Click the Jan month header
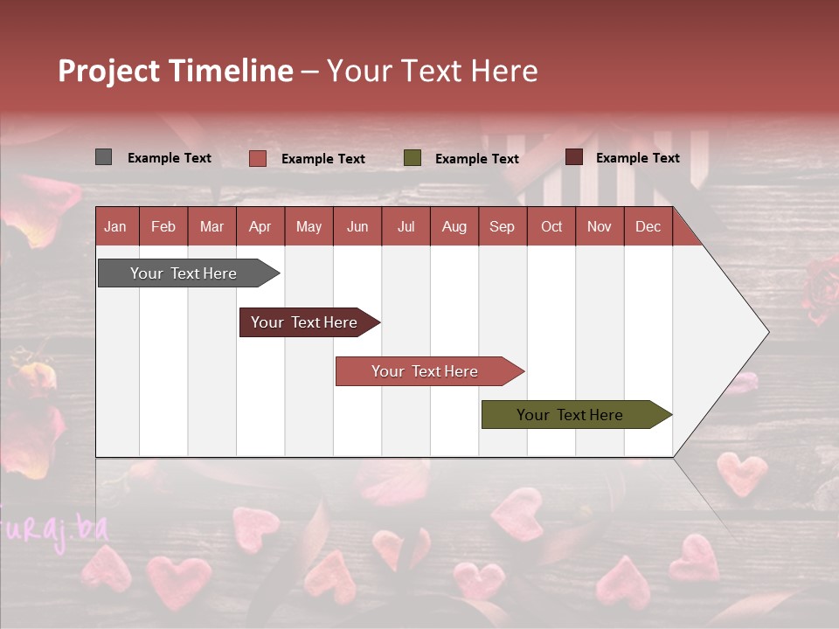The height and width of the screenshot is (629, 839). (x=116, y=226)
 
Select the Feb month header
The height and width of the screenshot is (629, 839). (x=163, y=226)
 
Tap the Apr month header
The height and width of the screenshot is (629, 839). (x=260, y=226)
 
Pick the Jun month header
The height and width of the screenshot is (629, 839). (x=357, y=226)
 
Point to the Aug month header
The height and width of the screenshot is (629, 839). (x=454, y=226)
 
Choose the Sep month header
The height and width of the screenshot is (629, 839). (x=503, y=226)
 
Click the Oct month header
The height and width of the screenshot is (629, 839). (x=551, y=226)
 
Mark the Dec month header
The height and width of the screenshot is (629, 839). (x=648, y=226)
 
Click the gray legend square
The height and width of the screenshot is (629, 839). (x=103, y=157)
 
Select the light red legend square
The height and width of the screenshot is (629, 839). (x=257, y=158)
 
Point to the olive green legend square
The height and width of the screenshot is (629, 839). (x=413, y=158)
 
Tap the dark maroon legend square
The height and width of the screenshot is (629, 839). (x=573, y=157)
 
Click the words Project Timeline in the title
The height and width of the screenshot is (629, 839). (x=175, y=71)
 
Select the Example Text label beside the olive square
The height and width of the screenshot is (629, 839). (x=477, y=159)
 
